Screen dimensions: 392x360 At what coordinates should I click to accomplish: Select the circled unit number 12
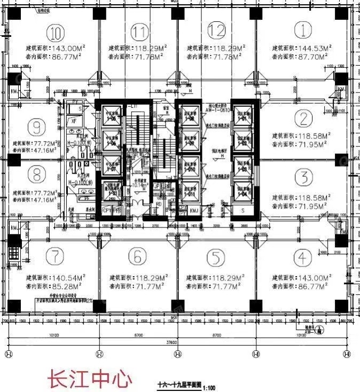point(216,30)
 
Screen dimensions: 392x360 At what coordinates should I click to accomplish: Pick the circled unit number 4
point(303,258)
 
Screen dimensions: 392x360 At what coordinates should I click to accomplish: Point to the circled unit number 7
point(54,257)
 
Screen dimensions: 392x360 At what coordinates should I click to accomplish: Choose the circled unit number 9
point(36,127)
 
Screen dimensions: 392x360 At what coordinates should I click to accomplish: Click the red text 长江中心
point(90,379)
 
